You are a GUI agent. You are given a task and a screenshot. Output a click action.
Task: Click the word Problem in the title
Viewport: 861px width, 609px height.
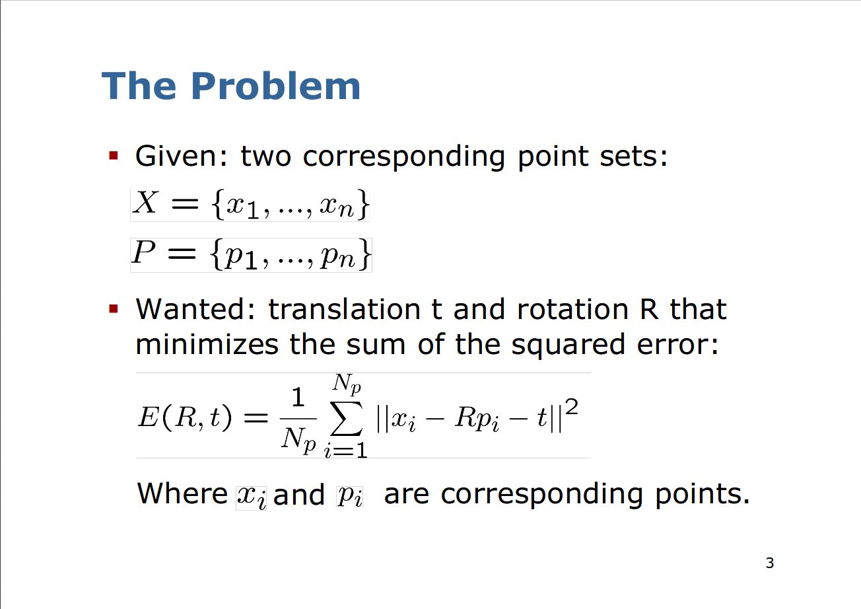(x=275, y=86)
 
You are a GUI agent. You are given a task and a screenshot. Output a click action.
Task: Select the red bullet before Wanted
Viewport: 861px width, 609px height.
(x=114, y=308)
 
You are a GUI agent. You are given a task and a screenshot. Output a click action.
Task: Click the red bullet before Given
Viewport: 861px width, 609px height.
(x=114, y=155)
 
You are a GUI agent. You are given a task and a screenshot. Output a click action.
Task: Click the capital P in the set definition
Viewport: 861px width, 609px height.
(x=144, y=252)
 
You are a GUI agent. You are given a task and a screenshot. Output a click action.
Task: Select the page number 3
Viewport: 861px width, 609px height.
(x=769, y=563)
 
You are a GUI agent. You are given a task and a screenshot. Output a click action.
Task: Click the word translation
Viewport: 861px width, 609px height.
(x=344, y=309)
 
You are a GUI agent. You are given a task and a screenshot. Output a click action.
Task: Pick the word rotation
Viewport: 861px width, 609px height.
(x=572, y=309)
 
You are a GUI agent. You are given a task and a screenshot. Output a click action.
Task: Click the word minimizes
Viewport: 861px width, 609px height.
(x=207, y=344)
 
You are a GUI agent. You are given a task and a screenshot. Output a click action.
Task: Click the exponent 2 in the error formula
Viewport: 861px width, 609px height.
(x=572, y=407)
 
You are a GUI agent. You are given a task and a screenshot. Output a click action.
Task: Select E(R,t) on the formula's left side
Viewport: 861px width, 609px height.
(x=185, y=417)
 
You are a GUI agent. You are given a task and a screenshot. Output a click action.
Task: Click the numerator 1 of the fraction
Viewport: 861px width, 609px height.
(x=298, y=397)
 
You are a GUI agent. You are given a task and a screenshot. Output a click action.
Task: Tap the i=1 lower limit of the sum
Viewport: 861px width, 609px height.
(x=345, y=449)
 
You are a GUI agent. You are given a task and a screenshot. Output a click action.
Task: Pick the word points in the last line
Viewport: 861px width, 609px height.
(x=703, y=495)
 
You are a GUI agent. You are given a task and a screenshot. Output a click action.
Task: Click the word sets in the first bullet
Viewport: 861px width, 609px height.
(x=633, y=157)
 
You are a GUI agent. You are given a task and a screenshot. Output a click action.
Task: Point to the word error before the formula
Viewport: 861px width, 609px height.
(x=677, y=345)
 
